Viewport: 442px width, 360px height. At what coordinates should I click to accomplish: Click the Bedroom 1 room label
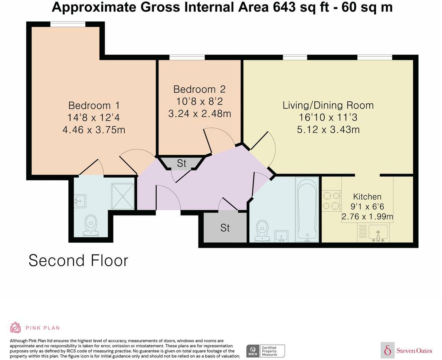(94, 106)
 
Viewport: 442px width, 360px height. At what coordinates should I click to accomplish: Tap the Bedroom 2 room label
(199, 89)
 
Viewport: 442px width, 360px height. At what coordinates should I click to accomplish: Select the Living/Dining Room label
(328, 105)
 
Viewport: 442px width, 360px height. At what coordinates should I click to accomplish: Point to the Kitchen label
(367, 197)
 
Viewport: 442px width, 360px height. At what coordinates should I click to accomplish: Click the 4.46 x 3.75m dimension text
(94, 130)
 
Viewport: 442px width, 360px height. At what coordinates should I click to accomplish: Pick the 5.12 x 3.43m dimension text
(328, 130)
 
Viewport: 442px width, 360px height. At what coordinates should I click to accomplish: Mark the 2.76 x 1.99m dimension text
(367, 216)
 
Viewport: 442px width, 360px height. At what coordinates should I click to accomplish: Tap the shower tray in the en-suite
(122, 196)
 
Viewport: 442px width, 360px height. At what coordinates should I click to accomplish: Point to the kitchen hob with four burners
(331, 201)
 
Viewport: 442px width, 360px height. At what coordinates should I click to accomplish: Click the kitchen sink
(377, 233)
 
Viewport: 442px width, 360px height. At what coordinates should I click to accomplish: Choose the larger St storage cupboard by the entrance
(225, 227)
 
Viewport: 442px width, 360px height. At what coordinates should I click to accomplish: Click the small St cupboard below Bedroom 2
(181, 163)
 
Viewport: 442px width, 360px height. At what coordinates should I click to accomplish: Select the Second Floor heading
(78, 260)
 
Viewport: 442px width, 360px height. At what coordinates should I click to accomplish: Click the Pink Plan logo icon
(15, 327)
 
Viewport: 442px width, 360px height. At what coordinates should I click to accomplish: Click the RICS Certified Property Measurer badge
(265, 351)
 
